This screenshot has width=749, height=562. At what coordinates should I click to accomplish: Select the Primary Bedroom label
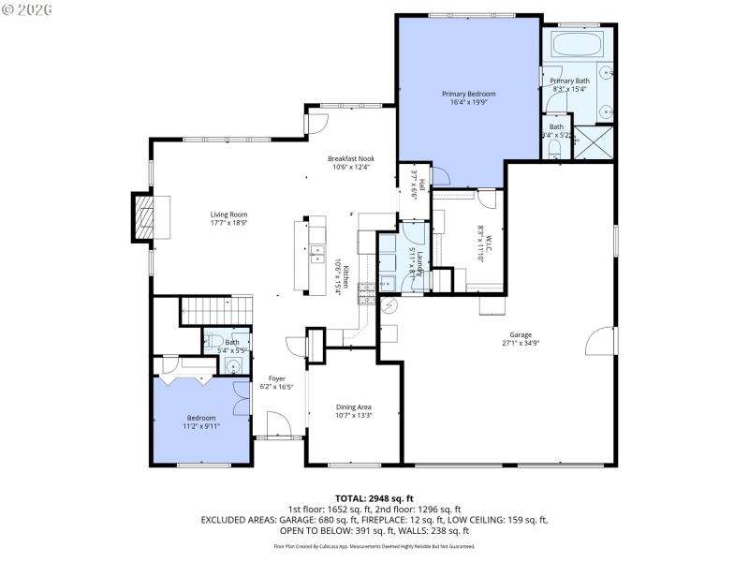coord(468,95)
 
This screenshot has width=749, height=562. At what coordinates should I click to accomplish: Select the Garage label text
coord(521,334)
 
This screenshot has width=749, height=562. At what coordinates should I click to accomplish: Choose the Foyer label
coord(277,378)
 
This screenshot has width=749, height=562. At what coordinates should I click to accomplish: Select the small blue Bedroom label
coord(200,418)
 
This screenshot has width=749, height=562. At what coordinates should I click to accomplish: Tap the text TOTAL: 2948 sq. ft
coord(374,497)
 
